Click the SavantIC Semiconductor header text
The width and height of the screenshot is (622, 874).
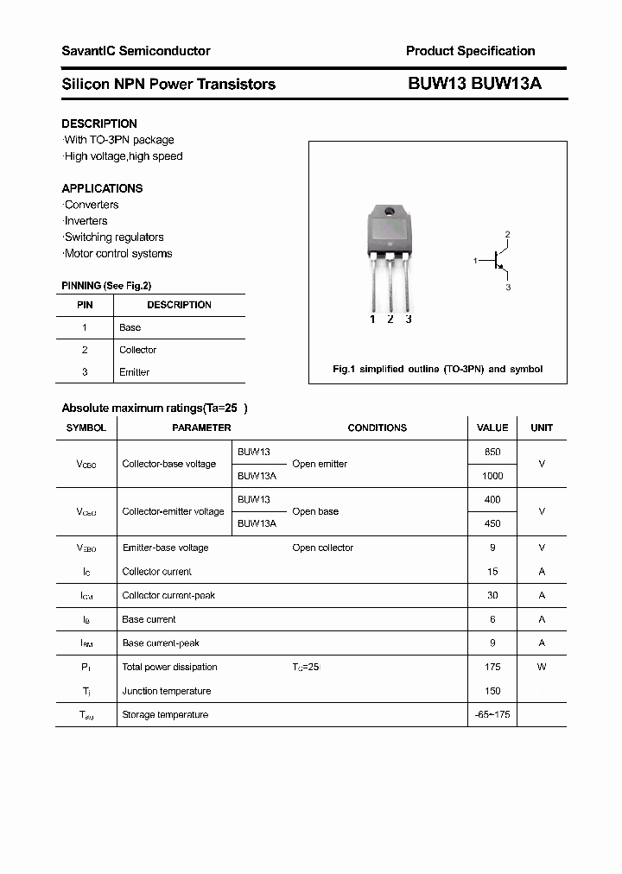tap(136, 51)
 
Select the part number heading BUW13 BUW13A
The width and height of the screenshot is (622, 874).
tap(474, 84)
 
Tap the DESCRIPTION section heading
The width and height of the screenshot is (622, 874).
tap(99, 123)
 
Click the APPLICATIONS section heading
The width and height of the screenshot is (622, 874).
tap(102, 188)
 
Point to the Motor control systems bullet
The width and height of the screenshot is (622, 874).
tap(117, 254)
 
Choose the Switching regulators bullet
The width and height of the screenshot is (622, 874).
tap(113, 237)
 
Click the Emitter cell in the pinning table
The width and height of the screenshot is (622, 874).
tap(134, 372)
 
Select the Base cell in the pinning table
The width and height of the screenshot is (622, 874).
tap(130, 327)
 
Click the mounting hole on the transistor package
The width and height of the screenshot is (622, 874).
tap(390, 212)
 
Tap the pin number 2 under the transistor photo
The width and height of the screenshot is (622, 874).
tap(390, 320)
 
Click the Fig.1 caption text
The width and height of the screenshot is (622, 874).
tap(437, 369)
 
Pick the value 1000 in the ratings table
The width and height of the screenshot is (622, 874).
tap(492, 476)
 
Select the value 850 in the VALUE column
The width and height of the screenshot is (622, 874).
tap(492, 452)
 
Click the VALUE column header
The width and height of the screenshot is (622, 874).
tap(492, 427)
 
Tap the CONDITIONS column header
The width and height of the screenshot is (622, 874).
tap(377, 427)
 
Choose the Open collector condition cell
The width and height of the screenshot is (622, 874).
tap(322, 548)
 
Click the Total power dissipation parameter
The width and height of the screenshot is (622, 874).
tap(169, 667)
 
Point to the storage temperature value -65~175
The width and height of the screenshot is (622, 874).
tap(492, 714)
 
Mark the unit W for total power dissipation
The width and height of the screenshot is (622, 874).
tap(542, 667)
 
